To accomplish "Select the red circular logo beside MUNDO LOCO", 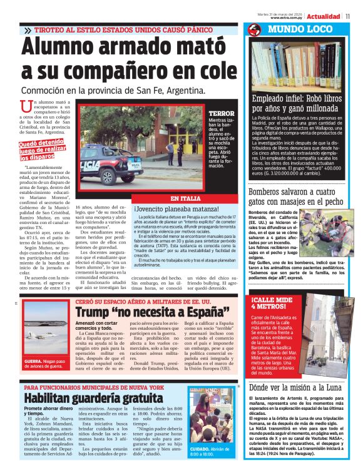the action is pos(254,30).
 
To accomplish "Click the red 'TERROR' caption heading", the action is pos(222,113).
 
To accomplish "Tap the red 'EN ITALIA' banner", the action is pos(185,198).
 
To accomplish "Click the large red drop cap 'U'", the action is pos(26,108).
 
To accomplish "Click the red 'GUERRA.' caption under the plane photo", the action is pos(33,361).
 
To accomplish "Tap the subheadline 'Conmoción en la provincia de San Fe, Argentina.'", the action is pos(113,90).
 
